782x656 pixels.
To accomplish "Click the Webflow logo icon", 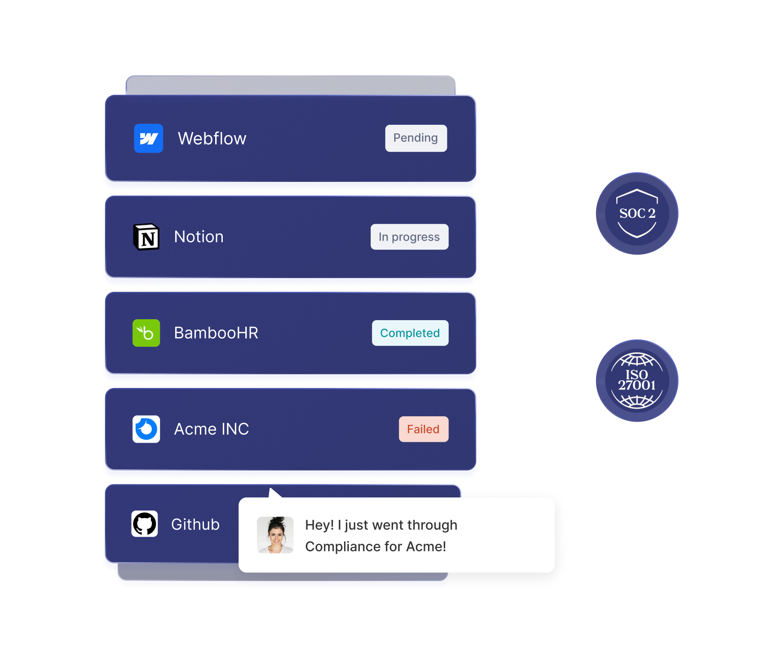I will pos(148,138).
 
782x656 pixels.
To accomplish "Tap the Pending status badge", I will pos(416,138).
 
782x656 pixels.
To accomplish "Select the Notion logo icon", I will pos(146,237).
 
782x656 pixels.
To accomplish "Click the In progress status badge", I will pos(409,237).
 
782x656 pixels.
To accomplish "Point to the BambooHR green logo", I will pos(146,333).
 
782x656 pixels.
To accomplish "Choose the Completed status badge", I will pos(410,333).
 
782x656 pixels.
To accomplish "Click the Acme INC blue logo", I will pos(146,429).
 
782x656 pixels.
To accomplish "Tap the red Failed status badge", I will pos(423,429).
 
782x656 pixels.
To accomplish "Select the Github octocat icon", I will pos(145,524).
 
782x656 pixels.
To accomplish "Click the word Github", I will pos(195,524).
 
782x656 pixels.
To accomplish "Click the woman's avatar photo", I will pos(275,535).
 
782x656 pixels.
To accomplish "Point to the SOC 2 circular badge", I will pos(637,213).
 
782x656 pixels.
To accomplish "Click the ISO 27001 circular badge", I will pos(637,381).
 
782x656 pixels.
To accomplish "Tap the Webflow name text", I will pos(212,139).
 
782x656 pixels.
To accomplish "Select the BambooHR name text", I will pos(216,333).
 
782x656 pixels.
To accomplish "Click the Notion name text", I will pos(199,237).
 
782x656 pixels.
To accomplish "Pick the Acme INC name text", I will pos(211,429).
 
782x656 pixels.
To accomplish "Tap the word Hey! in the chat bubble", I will pos(319,525).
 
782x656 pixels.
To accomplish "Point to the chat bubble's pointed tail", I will pos(274,493).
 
